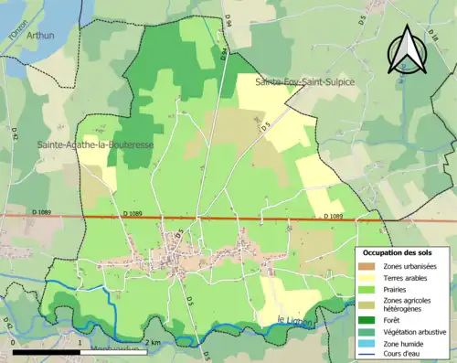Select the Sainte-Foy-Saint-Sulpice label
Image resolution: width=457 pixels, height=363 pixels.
click(304, 82)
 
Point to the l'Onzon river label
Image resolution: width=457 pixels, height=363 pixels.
click(14, 29)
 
